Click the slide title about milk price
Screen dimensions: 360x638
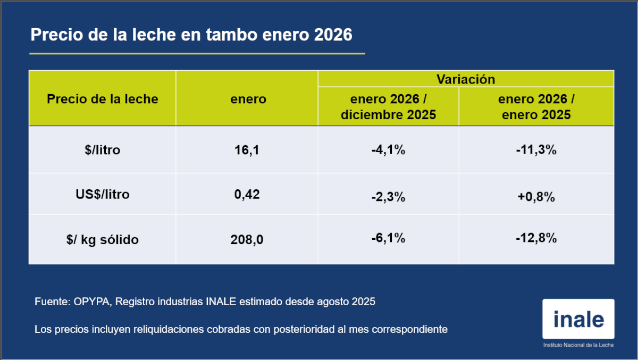click(x=191, y=35)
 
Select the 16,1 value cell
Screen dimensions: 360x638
click(x=247, y=150)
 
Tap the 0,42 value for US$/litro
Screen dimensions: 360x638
click(x=247, y=195)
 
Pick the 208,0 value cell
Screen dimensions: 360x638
click(x=247, y=240)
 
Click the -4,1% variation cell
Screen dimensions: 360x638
click(x=388, y=150)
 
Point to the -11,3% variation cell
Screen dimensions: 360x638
click(x=536, y=150)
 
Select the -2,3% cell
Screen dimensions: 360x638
click(x=388, y=197)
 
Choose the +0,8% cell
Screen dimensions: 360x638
click(x=536, y=197)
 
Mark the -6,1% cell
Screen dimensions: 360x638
click(x=388, y=238)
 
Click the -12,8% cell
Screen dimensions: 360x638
click(x=536, y=238)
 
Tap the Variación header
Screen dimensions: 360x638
click(x=466, y=79)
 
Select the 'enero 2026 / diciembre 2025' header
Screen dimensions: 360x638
click(x=389, y=107)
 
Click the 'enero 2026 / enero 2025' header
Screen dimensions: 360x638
click(x=536, y=107)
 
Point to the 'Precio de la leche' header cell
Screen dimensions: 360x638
click(x=103, y=99)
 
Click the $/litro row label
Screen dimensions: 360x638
click(x=103, y=150)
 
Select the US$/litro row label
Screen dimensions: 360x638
click(x=103, y=195)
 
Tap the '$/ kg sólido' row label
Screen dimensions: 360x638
click(x=103, y=240)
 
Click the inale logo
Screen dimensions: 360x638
click(x=578, y=319)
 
